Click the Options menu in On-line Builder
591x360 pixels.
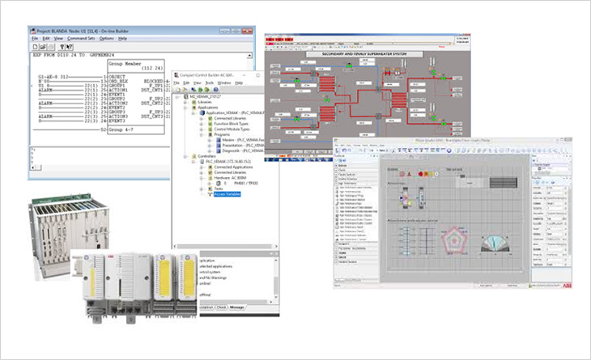click(106, 38)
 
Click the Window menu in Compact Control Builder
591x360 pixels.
click(224, 83)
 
